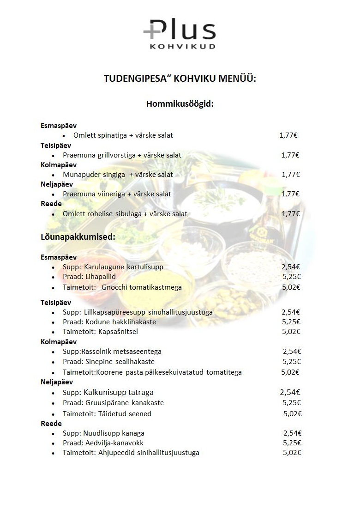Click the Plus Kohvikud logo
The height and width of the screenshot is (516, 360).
pyautogui.click(x=180, y=34)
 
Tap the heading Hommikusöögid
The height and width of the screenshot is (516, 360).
pyautogui.click(x=180, y=104)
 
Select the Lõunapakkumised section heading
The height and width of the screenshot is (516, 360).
pyautogui.click(x=78, y=237)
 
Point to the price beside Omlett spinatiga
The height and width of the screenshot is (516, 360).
pyautogui.click(x=288, y=135)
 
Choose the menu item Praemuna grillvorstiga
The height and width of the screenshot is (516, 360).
pyautogui.click(x=99, y=155)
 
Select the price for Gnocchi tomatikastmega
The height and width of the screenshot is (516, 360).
pyautogui.click(x=291, y=287)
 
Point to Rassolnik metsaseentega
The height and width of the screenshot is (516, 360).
pyautogui.click(x=121, y=352)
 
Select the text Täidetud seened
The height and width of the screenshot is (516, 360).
pyautogui.click(x=125, y=414)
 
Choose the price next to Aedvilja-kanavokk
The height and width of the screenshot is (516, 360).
pyautogui.click(x=292, y=443)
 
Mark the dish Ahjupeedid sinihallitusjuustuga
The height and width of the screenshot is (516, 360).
pyautogui.click(x=149, y=453)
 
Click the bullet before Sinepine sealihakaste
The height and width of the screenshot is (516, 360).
pyautogui.click(x=54, y=362)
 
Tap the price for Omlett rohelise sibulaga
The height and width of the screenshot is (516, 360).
pyautogui.click(x=291, y=214)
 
